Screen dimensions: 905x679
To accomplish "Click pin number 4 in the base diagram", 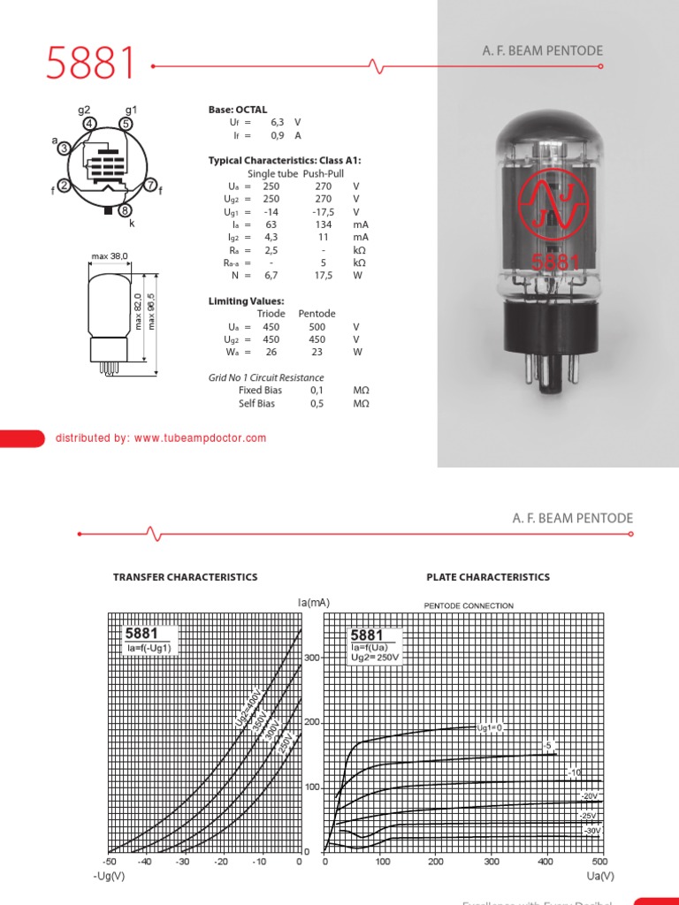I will pyautogui.click(x=90, y=125).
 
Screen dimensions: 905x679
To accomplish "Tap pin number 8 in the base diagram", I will pyautogui.click(x=126, y=210).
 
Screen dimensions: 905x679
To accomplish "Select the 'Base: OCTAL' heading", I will pyautogui.click(x=237, y=110).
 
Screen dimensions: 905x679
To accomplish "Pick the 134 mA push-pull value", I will pyautogui.click(x=323, y=224).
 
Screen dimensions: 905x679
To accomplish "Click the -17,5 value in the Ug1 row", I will pyautogui.click(x=323, y=212).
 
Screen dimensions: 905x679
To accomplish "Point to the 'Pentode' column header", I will pyautogui.click(x=317, y=314).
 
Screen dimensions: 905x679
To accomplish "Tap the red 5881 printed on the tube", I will pyautogui.click(x=555, y=262).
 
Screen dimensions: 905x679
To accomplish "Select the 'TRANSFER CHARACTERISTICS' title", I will pyautogui.click(x=186, y=577).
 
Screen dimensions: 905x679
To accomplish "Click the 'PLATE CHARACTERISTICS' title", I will pyautogui.click(x=488, y=577).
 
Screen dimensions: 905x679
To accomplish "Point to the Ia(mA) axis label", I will pyautogui.click(x=313, y=602).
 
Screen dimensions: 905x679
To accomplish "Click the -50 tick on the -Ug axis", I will pyautogui.click(x=109, y=862).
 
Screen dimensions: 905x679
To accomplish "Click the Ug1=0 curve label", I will pyautogui.click(x=489, y=727).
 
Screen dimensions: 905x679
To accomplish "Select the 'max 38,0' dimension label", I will pyautogui.click(x=110, y=256).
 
